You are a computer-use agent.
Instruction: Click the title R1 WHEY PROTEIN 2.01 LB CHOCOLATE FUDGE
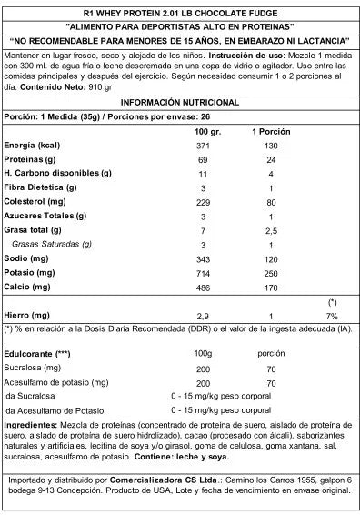coord(180,12)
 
